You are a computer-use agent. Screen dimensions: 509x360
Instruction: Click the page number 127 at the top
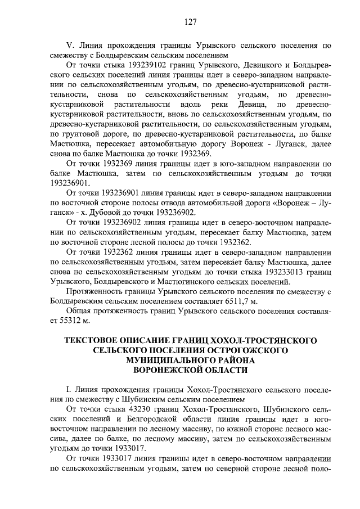(x=190, y=22)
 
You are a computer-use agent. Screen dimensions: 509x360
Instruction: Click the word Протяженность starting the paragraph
(x=97, y=292)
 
